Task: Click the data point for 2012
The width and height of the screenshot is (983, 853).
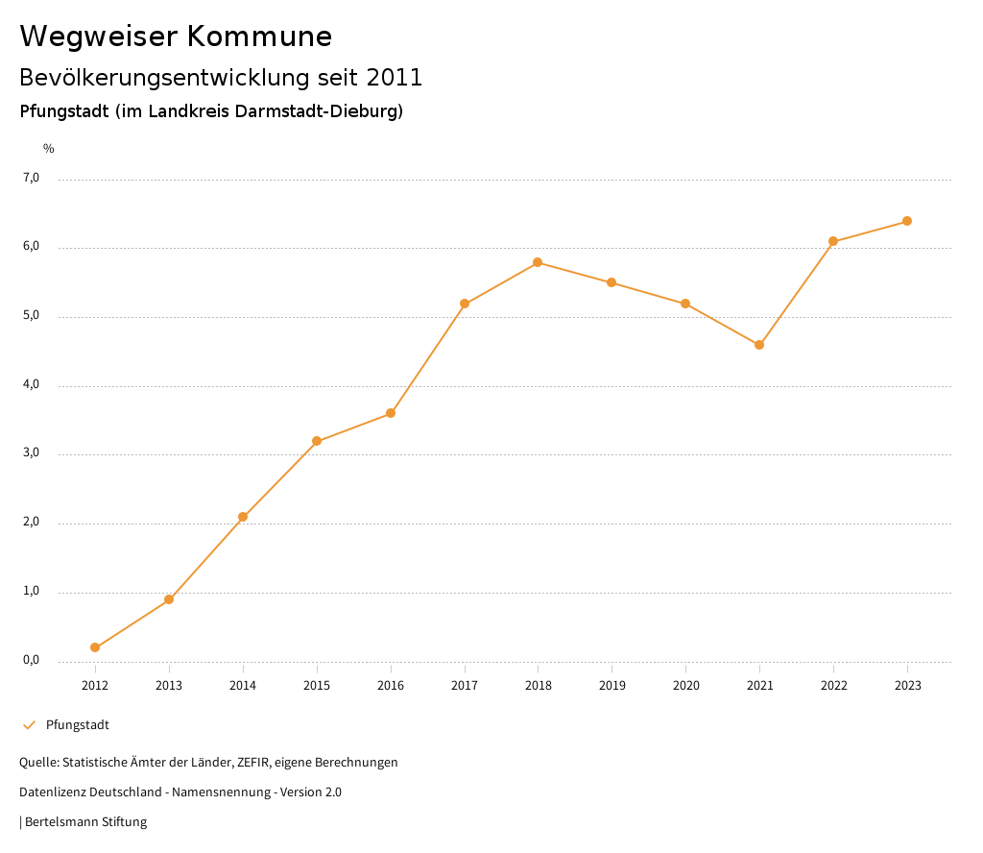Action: pos(95,647)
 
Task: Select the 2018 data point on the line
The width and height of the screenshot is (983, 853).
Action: pos(538,262)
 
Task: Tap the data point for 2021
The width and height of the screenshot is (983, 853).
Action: pos(759,345)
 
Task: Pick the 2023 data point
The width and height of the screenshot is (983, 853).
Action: pos(907,221)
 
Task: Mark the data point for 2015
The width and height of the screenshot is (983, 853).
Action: pos(317,442)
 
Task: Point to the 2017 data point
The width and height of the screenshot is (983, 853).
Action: pos(465,304)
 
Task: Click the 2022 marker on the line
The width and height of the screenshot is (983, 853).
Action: pos(833,241)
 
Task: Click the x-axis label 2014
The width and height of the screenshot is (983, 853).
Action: pos(243,686)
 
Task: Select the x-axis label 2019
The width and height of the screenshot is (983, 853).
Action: pos(612,686)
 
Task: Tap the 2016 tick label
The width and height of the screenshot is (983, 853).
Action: pos(391,686)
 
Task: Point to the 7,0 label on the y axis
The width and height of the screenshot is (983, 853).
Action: pos(31,178)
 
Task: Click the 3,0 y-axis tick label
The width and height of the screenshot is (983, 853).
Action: pos(31,453)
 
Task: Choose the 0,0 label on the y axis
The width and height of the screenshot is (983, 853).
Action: pos(31,660)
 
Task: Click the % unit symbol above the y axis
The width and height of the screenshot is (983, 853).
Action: pos(49,149)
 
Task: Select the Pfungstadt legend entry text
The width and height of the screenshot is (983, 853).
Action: pos(78,725)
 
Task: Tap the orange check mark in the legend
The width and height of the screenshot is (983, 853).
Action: pos(29,725)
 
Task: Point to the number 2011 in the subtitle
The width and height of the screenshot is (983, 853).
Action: pos(395,78)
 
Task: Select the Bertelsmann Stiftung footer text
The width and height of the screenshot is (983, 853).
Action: pos(85,822)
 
